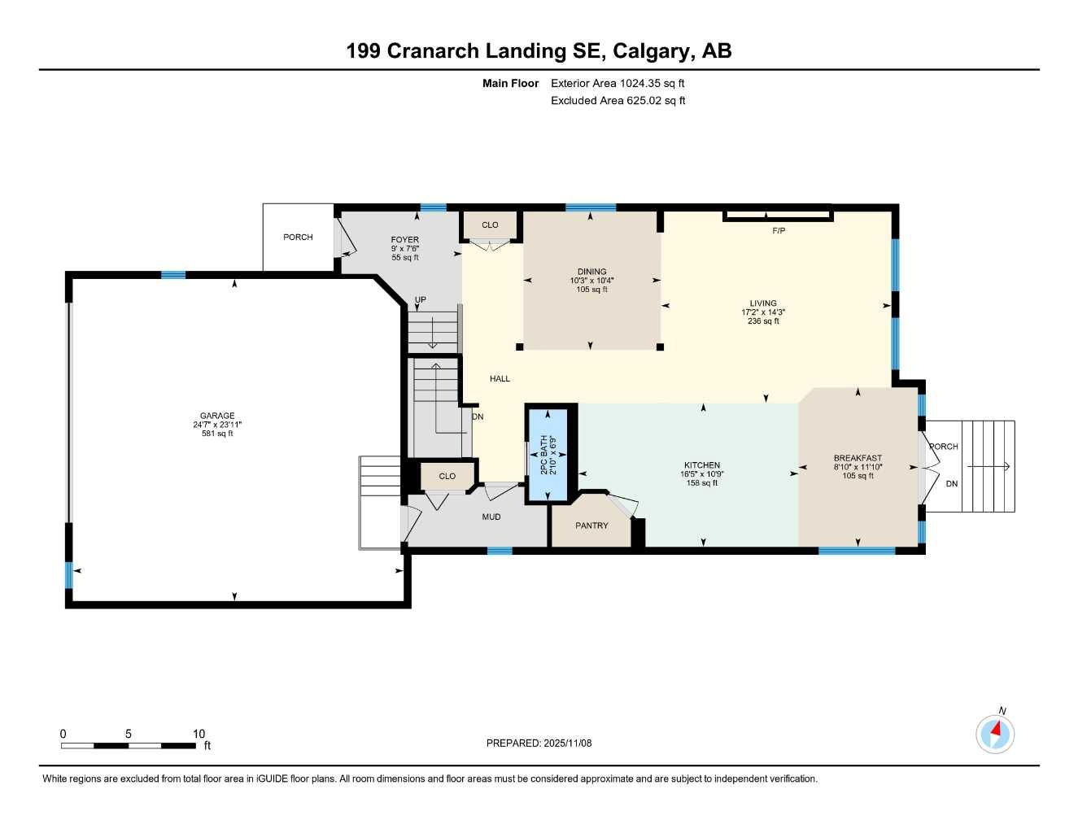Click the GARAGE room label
217,416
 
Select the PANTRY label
591,526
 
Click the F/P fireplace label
779,231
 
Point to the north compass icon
995,734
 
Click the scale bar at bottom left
129,745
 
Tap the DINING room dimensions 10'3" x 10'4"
591,281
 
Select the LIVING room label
763,303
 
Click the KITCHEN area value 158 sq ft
701,483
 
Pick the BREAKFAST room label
858,458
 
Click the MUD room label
491,517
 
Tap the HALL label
500,379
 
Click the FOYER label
404,240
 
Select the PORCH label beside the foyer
298,237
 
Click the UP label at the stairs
421,300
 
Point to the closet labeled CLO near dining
490,225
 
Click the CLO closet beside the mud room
447,476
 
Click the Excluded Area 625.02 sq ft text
618,101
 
